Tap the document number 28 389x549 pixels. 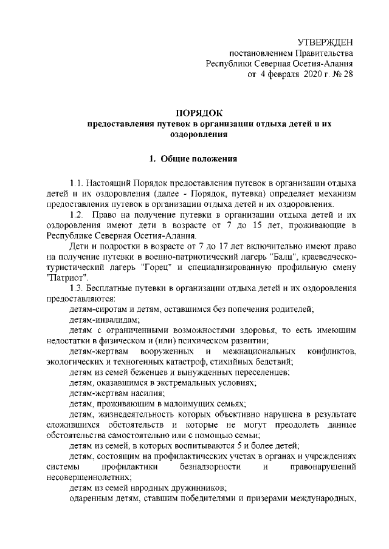pyautogui.click(x=347, y=75)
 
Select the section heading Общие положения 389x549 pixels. pyautogui.click(x=205, y=159)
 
